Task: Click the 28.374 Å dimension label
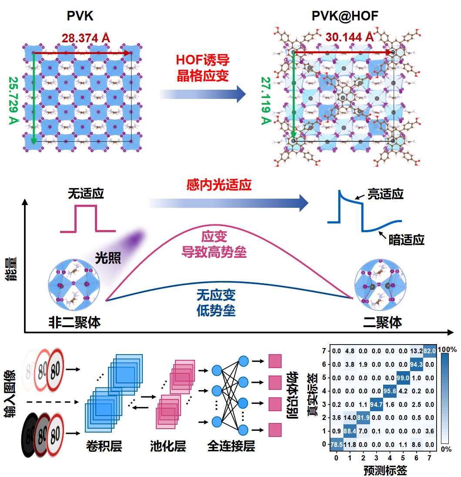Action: pyautogui.click(x=86, y=38)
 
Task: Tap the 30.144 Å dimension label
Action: pyautogui.click(x=350, y=37)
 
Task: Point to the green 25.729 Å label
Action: pyautogui.click(x=13, y=100)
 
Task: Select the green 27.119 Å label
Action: pyautogui.click(x=266, y=101)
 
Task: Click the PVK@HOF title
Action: pyautogui.click(x=345, y=16)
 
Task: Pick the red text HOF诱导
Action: pyautogui.click(x=202, y=60)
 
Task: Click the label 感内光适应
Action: pyautogui.click(x=219, y=185)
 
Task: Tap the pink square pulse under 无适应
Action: pyautogui.click(x=87, y=219)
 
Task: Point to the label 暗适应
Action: pyautogui.click(x=406, y=240)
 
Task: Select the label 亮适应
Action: pyautogui.click(x=386, y=194)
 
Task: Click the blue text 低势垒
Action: pyautogui.click(x=216, y=310)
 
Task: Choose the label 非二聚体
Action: pyautogui.click(x=74, y=322)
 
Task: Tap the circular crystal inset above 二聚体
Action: pyautogui.click(x=380, y=285)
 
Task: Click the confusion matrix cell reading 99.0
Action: pyautogui.click(x=403, y=378)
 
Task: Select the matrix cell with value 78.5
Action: pyautogui.click(x=336, y=444)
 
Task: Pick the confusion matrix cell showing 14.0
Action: pyautogui.click(x=350, y=418)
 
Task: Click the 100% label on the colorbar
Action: pyautogui.click(x=447, y=349)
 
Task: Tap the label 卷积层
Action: pyautogui.click(x=104, y=446)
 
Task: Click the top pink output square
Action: pyautogui.click(x=275, y=361)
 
